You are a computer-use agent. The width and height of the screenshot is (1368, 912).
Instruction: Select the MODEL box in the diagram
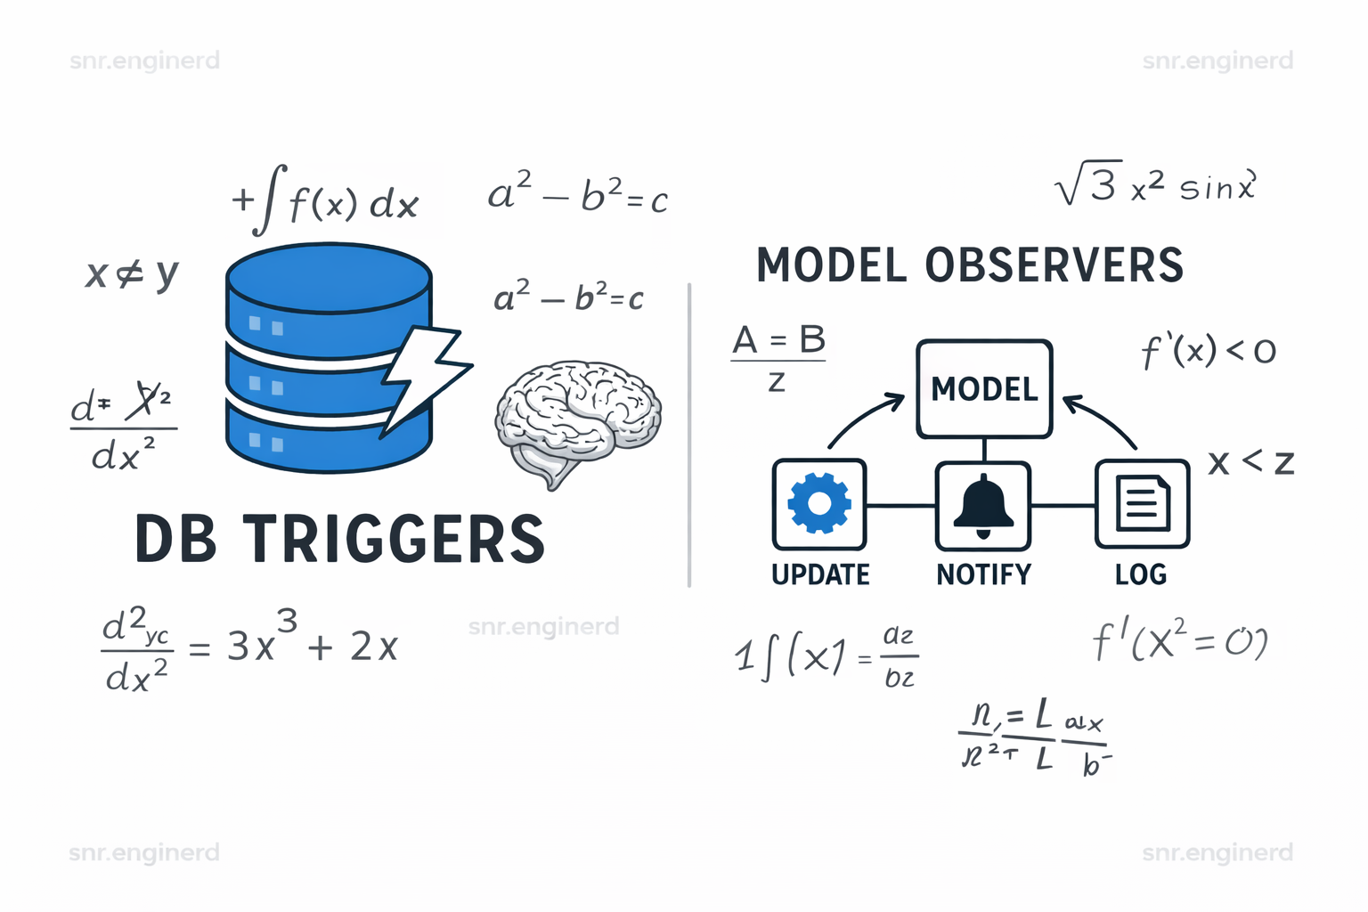coord(984,389)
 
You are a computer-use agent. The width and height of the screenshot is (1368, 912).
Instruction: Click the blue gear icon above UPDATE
coord(819,504)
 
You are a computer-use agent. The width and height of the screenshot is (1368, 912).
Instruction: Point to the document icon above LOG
coord(1142,504)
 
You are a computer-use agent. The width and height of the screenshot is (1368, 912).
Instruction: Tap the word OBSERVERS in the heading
coord(1054,265)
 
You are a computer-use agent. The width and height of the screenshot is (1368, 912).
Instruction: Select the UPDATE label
coord(820,574)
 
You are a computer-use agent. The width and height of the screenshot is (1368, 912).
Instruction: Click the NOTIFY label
coord(983,574)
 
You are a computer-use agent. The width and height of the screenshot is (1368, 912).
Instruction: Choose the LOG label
coord(1141,574)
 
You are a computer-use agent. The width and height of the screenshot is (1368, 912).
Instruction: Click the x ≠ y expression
coord(132,273)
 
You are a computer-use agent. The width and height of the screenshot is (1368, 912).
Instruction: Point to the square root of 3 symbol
coord(1086,186)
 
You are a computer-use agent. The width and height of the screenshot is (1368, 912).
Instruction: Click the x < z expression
coord(1250,462)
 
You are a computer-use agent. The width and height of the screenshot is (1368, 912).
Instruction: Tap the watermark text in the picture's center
coord(543,626)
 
